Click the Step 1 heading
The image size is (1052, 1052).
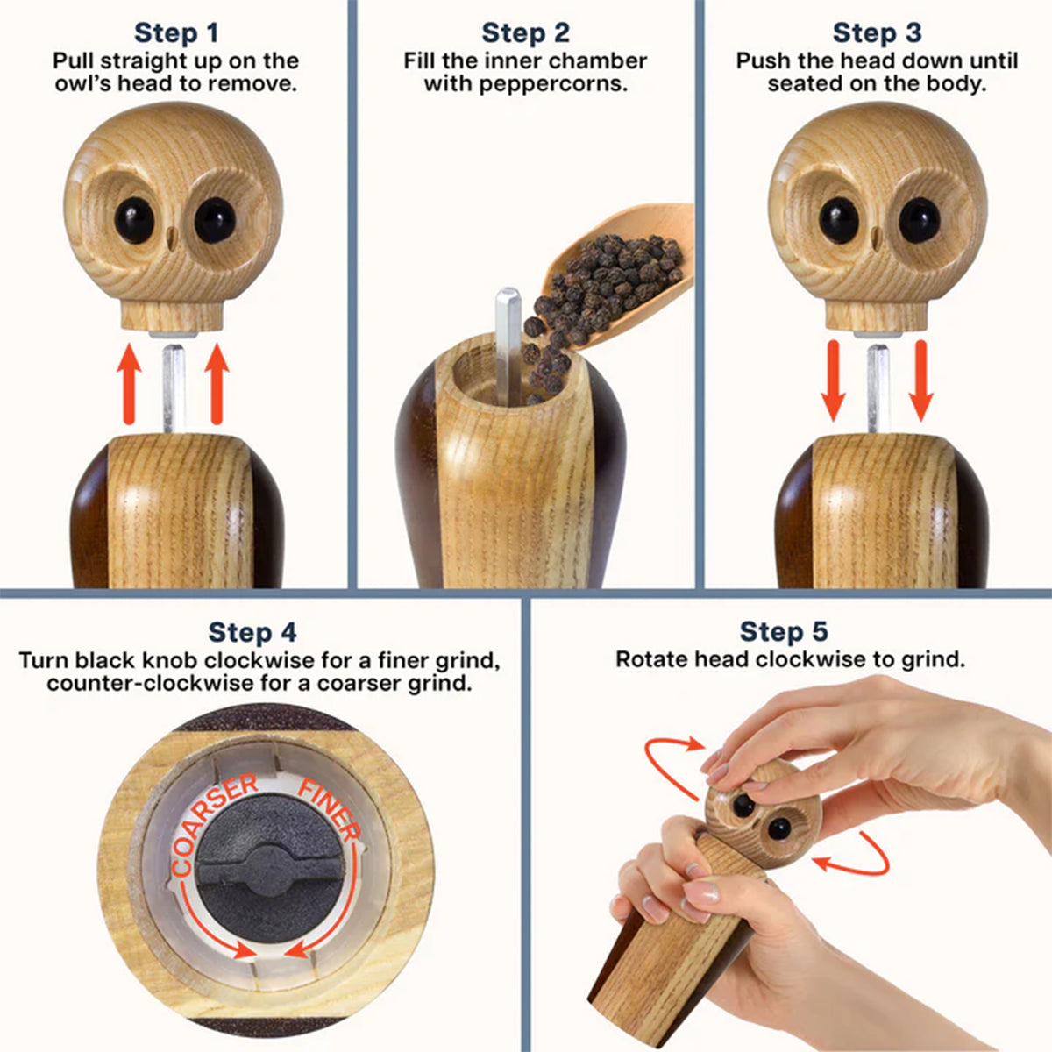pyautogui.click(x=175, y=33)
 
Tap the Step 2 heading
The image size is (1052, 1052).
pyautogui.click(x=525, y=33)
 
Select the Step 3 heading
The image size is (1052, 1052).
pyautogui.click(x=877, y=33)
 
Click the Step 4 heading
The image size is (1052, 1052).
pyautogui.click(x=252, y=632)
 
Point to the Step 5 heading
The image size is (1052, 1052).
pyautogui.click(x=784, y=631)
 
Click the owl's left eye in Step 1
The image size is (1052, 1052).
pyautogui.click(x=134, y=220)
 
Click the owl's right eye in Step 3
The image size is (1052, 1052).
pyautogui.click(x=918, y=220)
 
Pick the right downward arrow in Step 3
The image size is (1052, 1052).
pyautogui.click(x=920, y=382)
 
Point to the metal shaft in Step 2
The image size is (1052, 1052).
pyautogui.click(x=508, y=342)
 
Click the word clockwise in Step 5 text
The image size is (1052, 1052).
pyautogui.click(x=781, y=660)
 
